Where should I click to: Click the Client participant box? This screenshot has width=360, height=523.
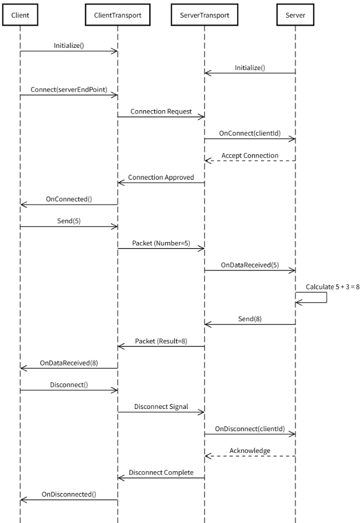(x=20, y=15)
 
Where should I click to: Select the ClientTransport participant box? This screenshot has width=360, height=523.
(x=118, y=15)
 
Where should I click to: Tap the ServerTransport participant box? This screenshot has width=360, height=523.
(x=205, y=15)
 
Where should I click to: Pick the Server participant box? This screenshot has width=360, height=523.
(x=295, y=15)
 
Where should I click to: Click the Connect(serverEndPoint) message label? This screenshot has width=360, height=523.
(x=69, y=90)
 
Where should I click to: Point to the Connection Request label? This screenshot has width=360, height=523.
(x=161, y=111)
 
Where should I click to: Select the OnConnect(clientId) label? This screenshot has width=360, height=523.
(x=250, y=134)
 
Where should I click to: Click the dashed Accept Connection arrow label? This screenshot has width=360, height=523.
(x=250, y=155)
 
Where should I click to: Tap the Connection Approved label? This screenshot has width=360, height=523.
(x=161, y=177)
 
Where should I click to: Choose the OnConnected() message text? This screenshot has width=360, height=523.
(x=69, y=199)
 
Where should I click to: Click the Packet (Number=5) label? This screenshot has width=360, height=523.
(x=161, y=243)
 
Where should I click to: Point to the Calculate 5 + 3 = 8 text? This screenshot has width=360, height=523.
(x=333, y=287)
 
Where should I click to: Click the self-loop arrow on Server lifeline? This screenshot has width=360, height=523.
(x=327, y=298)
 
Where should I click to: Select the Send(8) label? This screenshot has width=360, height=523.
(x=250, y=319)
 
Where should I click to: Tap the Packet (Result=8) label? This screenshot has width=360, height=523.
(x=161, y=341)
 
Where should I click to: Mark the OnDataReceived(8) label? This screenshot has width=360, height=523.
(x=69, y=363)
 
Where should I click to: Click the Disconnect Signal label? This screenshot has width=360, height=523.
(x=161, y=407)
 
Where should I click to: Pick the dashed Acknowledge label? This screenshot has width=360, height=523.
(x=250, y=451)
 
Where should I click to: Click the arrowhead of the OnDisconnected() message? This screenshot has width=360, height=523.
(x=23, y=500)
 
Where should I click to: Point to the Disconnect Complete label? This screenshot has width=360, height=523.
(x=161, y=472)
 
